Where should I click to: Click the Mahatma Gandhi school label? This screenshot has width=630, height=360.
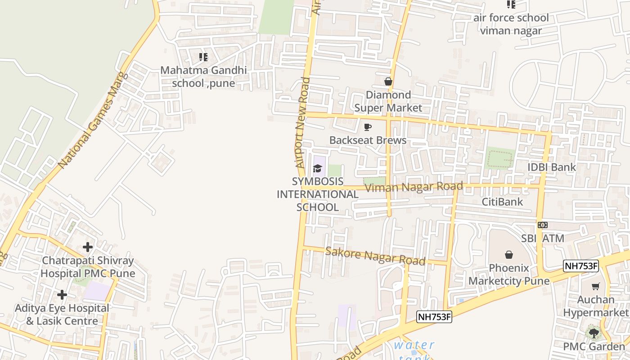203,76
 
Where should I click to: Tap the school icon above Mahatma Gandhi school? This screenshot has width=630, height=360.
203,57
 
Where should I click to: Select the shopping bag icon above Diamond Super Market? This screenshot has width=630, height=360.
388,81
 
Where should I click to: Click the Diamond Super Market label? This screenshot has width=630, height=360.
388,101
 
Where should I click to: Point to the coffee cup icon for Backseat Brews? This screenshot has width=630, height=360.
368,127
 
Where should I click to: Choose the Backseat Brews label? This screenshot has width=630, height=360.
368,140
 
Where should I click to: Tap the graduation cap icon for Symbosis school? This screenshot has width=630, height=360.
318,169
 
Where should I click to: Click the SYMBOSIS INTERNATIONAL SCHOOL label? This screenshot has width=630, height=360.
317,194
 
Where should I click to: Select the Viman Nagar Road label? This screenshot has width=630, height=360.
414,187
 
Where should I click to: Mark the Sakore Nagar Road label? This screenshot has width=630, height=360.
375,256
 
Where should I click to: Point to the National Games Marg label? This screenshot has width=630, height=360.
93,120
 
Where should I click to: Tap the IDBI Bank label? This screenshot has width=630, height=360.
552,167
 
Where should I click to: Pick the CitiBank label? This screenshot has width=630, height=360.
502,202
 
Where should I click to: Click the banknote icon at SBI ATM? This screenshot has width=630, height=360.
543,225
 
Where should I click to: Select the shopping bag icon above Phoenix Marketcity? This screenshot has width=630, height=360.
509,255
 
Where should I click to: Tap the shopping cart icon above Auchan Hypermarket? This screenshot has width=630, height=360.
596,286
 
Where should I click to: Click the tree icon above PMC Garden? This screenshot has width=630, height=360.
594,333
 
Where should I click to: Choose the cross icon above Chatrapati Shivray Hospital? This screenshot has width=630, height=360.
88,247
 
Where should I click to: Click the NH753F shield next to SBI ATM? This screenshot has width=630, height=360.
581,265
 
